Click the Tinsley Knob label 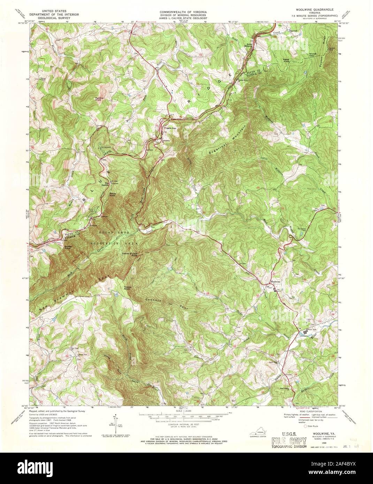pos(127,288)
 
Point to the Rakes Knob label pos(288,60)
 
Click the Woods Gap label pos(313,55)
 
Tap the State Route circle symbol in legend pos(306,426)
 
